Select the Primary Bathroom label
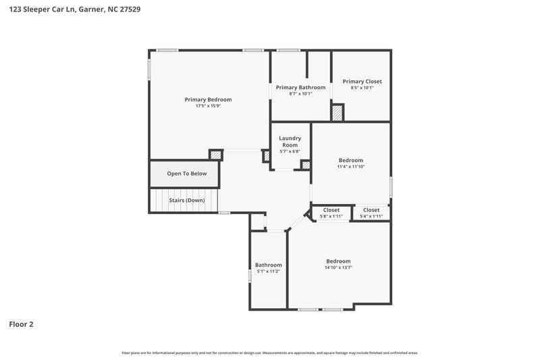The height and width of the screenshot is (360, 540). tap(300, 87)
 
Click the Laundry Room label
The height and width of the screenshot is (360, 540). tap(290, 141)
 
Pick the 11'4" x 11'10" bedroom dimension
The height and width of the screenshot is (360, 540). tap(350, 166)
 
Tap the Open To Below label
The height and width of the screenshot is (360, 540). tap(187, 174)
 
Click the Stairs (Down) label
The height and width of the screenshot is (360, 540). tap(186, 200)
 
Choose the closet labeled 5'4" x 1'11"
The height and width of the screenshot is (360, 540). tap(371, 216)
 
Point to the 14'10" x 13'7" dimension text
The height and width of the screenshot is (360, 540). tap(338, 267)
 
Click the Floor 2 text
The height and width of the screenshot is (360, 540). tap(21, 324)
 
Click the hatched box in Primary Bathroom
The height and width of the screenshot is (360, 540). tap(337, 112)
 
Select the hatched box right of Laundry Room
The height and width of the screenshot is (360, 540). tap(306, 164)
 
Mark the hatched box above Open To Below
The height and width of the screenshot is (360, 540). tap(215, 155)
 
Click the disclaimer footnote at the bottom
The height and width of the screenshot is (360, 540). tap(269, 353)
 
